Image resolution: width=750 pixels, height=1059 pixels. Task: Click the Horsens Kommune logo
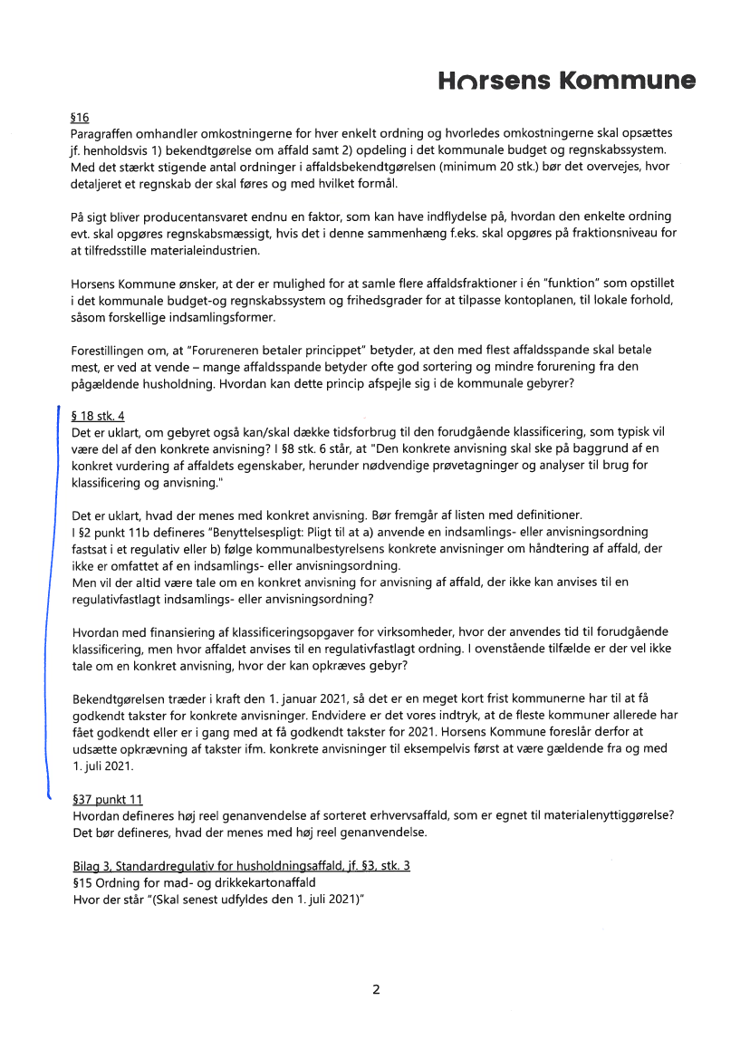[x=567, y=82]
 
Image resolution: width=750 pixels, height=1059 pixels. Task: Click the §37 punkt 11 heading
[x=107, y=800]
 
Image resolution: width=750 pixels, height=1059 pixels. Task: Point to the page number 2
[x=375, y=989]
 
